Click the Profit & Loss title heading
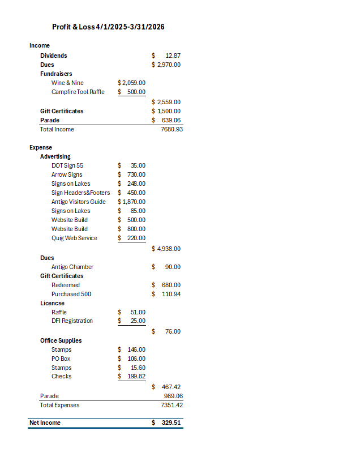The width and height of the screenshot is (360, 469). click(108, 27)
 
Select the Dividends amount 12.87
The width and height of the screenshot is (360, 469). click(173, 56)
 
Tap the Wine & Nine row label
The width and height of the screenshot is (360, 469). click(67, 83)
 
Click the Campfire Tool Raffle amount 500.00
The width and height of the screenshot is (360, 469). click(136, 92)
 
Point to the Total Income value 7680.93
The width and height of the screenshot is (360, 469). click(172, 129)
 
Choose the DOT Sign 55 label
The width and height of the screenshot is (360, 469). click(67, 165)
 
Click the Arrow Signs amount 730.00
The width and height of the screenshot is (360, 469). click(136, 174)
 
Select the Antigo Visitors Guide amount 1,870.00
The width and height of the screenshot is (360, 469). click(134, 202)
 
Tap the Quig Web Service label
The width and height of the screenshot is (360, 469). click(74, 238)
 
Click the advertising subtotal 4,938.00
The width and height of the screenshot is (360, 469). click(169, 249)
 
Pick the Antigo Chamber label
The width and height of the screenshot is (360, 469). click(72, 267)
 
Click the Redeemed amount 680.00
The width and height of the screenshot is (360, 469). click(171, 285)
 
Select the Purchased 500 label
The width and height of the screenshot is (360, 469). click(71, 294)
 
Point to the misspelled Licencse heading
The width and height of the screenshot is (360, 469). click(52, 303)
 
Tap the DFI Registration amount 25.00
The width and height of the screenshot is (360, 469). click(138, 321)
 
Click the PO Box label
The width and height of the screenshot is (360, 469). click(61, 359)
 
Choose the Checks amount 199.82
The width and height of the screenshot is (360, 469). click(136, 376)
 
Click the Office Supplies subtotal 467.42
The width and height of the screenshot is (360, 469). click(171, 387)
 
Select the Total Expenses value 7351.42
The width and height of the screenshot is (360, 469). click(172, 405)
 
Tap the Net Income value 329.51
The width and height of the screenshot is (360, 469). click(171, 423)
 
